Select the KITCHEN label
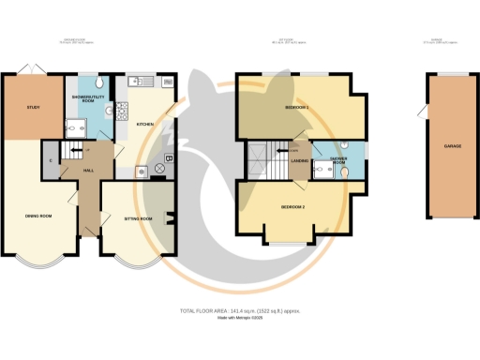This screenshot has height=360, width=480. (145, 124)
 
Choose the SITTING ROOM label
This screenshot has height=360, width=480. (138, 217)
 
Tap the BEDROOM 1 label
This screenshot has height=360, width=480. (297, 108)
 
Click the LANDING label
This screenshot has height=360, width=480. (300, 161)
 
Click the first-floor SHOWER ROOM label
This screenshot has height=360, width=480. (338, 159)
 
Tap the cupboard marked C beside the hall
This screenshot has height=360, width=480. (48, 159)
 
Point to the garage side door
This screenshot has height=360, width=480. (423, 114)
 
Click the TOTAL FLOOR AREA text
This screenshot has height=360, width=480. (239, 309)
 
